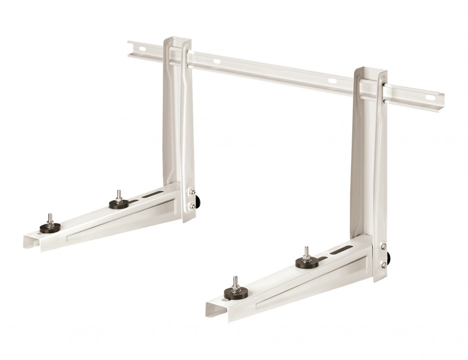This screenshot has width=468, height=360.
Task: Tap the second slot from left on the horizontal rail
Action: click(x=216, y=61)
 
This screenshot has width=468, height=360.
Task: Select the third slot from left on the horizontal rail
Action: click(x=332, y=81)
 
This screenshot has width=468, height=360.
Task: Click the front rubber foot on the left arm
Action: click(x=50, y=228)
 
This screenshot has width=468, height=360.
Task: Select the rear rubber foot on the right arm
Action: click(x=307, y=262)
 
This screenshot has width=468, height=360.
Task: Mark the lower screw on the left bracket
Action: click(x=193, y=206)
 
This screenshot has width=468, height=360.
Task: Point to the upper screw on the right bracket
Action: click(x=384, y=246)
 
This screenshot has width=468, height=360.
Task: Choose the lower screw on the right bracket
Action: click(x=384, y=264)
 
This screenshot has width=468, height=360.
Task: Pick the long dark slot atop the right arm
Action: click(x=341, y=249)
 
